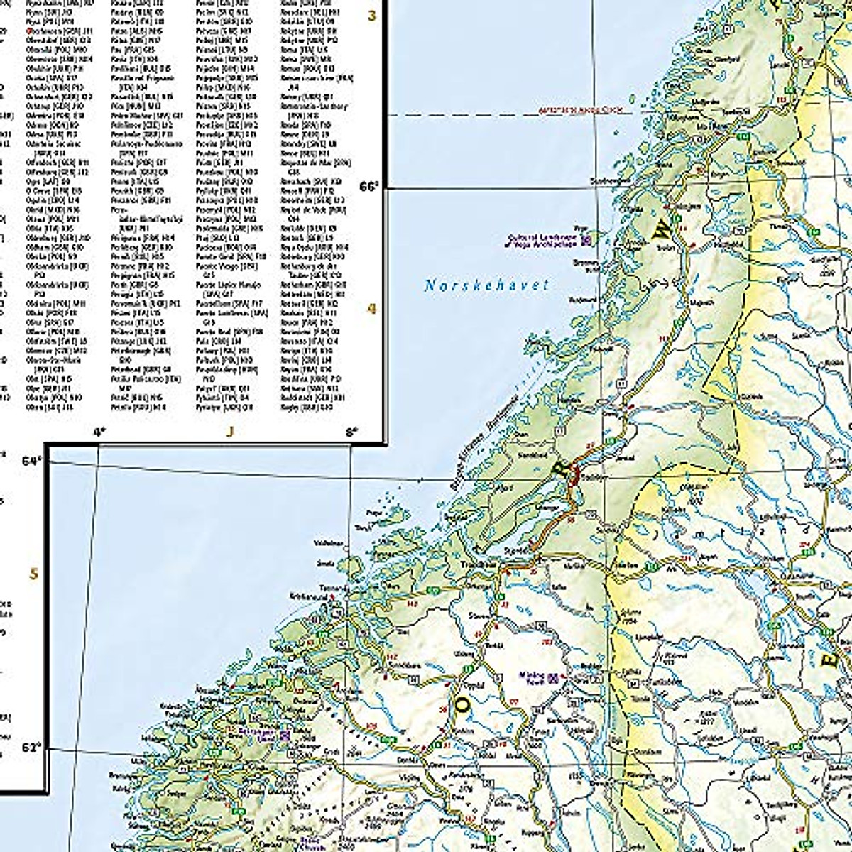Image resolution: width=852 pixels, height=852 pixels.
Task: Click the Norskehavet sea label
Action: tap(486, 285)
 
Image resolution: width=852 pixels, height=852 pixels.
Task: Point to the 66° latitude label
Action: tap(369, 186)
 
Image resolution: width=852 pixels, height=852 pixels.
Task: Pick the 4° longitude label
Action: tap(99, 431)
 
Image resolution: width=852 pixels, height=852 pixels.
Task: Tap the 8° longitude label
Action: tap(352, 431)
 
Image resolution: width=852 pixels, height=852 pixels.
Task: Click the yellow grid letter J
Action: tap(229, 431)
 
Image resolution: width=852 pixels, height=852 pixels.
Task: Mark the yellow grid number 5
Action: tap(33, 573)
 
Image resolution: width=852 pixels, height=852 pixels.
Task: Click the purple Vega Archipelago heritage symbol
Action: tap(586, 241)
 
